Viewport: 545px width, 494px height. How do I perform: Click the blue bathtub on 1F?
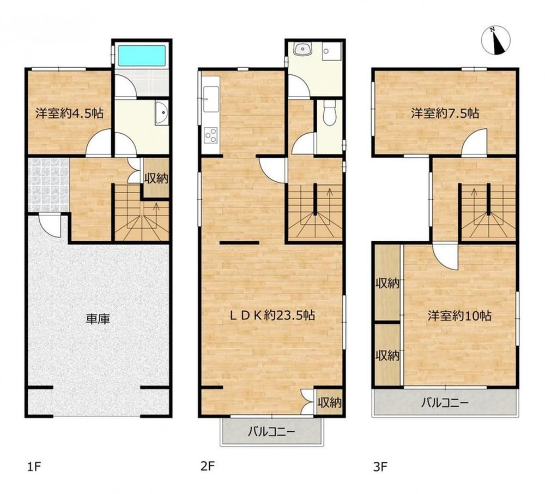point(142,55)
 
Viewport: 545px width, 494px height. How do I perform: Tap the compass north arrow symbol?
point(496,40)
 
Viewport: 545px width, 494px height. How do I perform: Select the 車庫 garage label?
point(98,319)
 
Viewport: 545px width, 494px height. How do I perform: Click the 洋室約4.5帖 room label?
point(70,113)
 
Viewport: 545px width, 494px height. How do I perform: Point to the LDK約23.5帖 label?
point(273,316)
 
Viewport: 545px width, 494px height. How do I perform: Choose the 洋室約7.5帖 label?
point(445,113)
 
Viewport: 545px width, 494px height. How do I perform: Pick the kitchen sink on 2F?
point(211,99)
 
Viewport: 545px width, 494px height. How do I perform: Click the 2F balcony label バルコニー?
point(271,432)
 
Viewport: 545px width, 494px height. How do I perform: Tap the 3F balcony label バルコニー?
point(445,403)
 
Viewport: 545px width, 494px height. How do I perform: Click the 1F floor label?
point(34,467)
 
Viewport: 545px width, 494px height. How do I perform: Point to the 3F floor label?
point(380,467)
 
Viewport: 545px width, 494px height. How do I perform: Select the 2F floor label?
point(207,466)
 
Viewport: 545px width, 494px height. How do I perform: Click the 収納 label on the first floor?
point(156,178)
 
